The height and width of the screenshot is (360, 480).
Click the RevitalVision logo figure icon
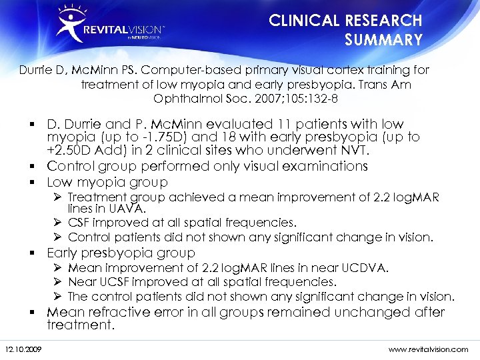pyautogui.click(x=70, y=23)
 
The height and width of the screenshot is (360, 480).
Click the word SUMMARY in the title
pyautogui.click(x=383, y=40)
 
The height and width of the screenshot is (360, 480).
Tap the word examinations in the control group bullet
pyautogui.click(x=312, y=165)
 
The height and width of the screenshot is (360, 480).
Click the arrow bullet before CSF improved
pyautogui.click(x=59, y=223)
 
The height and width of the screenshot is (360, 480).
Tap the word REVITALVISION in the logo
pyautogui.click(x=123, y=31)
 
